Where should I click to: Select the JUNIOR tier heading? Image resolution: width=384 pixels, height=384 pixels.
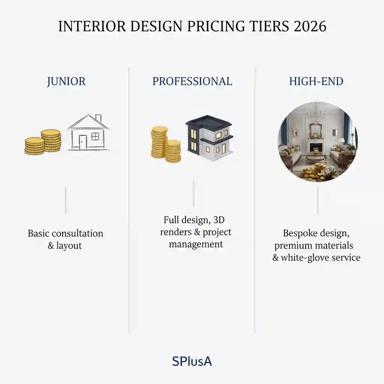[x=66, y=81]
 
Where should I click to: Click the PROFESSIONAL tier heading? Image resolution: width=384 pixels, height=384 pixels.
[x=192, y=81]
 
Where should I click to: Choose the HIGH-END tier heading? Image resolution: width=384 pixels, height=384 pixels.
[x=316, y=81]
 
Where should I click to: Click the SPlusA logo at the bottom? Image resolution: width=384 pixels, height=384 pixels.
[x=192, y=361]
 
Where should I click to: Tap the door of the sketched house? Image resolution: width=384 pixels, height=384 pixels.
[x=82, y=142]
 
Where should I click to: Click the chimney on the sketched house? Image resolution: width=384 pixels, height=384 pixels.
[x=98, y=119]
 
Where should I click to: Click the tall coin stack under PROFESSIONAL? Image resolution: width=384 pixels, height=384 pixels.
[x=159, y=141]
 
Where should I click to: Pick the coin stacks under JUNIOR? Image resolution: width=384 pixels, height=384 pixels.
[x=43, y=142]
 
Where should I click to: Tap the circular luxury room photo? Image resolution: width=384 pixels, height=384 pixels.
[x=318, y=142]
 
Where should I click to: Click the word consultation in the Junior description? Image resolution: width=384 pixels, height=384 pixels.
[x=77, y=233]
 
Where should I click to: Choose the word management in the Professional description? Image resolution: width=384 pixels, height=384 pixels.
[x=196, y=244]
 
